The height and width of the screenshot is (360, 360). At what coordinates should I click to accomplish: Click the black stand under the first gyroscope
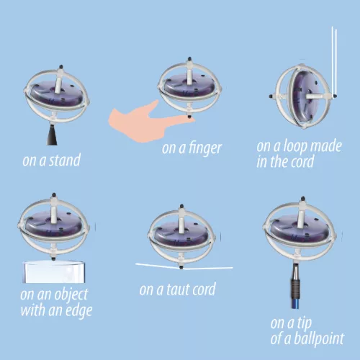tap(55, 132)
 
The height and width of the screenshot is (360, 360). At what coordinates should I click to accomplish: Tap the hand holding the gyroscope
tap(137, 117)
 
